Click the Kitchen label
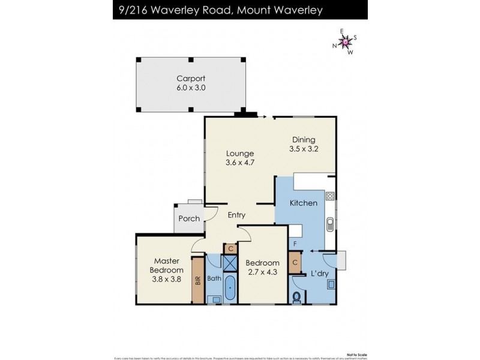pyautogui.click(x=303, y=203)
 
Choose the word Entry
pyautogui.click(x=236, y=215)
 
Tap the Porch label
pyautogui.click(x=189, y=218)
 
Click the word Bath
pyautogui.click(x=214, y=278)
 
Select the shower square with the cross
pyautogui.click(x=230, y=264)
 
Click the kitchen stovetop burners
pyautogui.click(x=329, y=196)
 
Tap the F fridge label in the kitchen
pyautogui.click(x=295, y=243)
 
